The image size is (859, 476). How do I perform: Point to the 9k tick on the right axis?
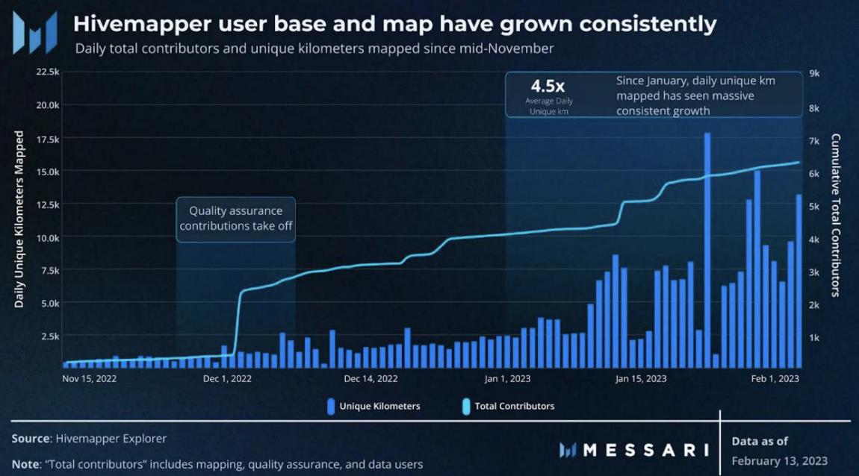[x=815, y=73]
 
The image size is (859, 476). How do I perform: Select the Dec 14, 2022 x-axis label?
[x=371, y=378]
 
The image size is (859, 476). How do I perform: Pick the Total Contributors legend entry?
[x=509, y=407]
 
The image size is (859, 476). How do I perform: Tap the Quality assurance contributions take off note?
[x=235, y=219]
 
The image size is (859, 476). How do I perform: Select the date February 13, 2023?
[x=780, y=460]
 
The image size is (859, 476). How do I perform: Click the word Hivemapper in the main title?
[x=136, y=25]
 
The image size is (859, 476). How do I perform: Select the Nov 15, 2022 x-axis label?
[x=90, y=378]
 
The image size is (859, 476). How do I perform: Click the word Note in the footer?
[x=27, y=464]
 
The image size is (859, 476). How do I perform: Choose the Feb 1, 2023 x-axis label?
[x=775, y=378]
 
